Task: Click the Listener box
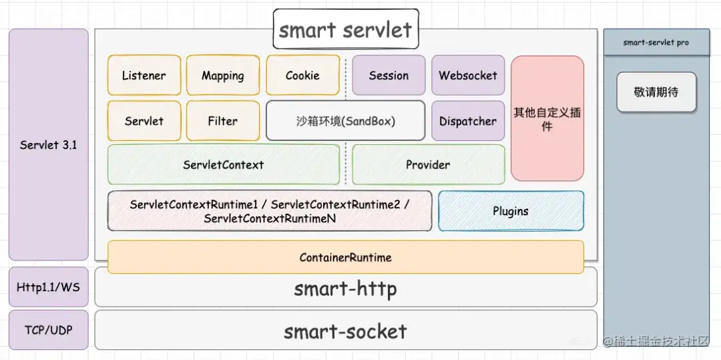coord(144,75)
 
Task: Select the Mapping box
coord(223,75)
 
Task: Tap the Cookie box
coord(302,75)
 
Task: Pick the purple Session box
coord(389,75)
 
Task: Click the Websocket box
coord(468,75)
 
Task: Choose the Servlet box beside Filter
coord(144,121)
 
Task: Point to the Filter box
coord(223,121)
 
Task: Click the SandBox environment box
coord(345,121)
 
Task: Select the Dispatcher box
coord(468,121)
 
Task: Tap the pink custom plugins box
coord(547,118)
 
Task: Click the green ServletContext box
coord(223,164)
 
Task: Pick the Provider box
coord(428,164)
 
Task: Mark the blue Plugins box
coord(511,211)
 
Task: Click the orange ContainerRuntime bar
coord(345,257)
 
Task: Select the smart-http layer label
coord(345,289)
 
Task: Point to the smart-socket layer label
coord(345,331)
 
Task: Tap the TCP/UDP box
coord(48,330)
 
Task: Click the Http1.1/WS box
coord(48,287)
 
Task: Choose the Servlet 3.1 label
coord(48,144)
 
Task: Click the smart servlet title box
coord(346,29)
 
